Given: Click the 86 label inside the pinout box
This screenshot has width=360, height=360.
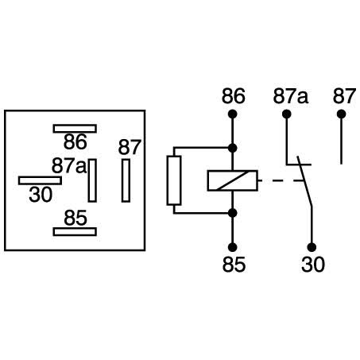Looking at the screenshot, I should pyautogui.click(x=75, y=144).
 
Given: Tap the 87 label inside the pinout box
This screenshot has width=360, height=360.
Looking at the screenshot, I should pyautogui.click(x=129, y=147).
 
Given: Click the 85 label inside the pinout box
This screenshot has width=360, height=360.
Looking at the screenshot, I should pyautogui.click(x=75, y=216).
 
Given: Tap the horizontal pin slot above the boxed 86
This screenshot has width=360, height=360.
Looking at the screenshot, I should pyautogui.click(x=75, y=128).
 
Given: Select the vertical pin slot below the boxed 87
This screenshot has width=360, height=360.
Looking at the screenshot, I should pyautogui.click(x=126, y=180).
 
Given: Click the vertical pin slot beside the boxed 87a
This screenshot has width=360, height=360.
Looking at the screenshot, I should pyautogui.click(x=92, y=180).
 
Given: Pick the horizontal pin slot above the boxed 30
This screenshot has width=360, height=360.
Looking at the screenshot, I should pyautogui.click(x=40, y=180).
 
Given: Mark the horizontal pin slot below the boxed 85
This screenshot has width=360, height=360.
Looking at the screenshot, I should pyautogui.click(x=75, y=231).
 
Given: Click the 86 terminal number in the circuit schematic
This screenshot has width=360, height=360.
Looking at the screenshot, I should pyautogui.click(x=233, y=97).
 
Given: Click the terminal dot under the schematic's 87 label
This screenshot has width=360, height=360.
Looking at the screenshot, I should pyautogui.click(x=342, y=114).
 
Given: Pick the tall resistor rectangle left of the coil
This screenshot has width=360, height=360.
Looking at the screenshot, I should pyautogui.click(x=173, y=180).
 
